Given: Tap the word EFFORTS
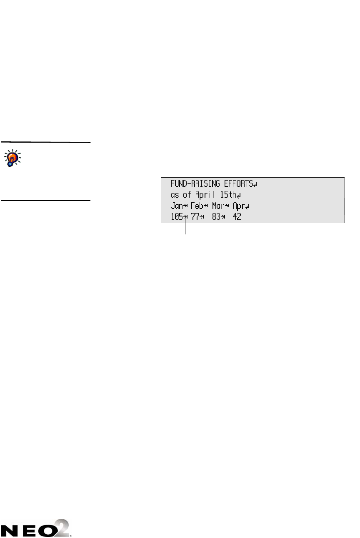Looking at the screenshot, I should click(237, 183).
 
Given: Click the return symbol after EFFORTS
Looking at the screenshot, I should click(255, 184).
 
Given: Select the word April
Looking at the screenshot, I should click(207, 195).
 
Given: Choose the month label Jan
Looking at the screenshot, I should click(177, 206).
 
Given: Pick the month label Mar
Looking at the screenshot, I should click(218, 206).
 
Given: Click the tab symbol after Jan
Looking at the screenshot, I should click(186, 206).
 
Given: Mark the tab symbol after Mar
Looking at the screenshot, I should click(227, 206).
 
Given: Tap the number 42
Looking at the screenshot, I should click(237, 217).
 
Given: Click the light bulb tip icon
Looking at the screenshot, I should click(13, 158).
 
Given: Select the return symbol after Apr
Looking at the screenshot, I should click(247, 207).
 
